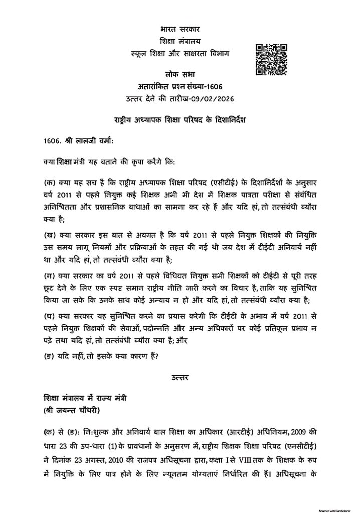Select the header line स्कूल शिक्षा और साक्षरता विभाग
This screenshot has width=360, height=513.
click(x=179, y=53)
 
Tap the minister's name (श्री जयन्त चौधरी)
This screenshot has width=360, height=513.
click(x=72, y=413)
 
